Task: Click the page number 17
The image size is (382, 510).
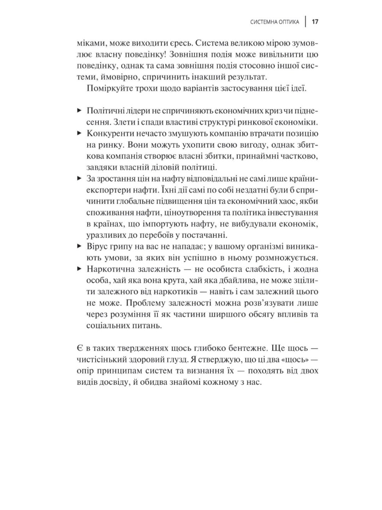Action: point(315,22)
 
